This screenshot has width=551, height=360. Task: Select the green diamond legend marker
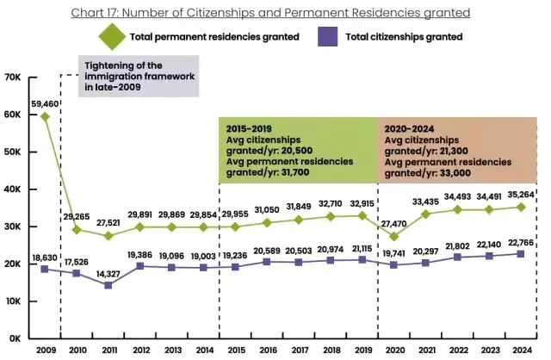[x=112, y=37]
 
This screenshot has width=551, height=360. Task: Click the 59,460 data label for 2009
[x=45, y=102]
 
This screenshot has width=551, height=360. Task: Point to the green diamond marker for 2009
[x=45, y=117]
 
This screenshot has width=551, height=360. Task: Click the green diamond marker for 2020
[x=393, y=236]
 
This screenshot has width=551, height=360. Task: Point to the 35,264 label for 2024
[x=519, y=194]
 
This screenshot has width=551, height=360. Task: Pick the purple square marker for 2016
[x=266, y=261]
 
